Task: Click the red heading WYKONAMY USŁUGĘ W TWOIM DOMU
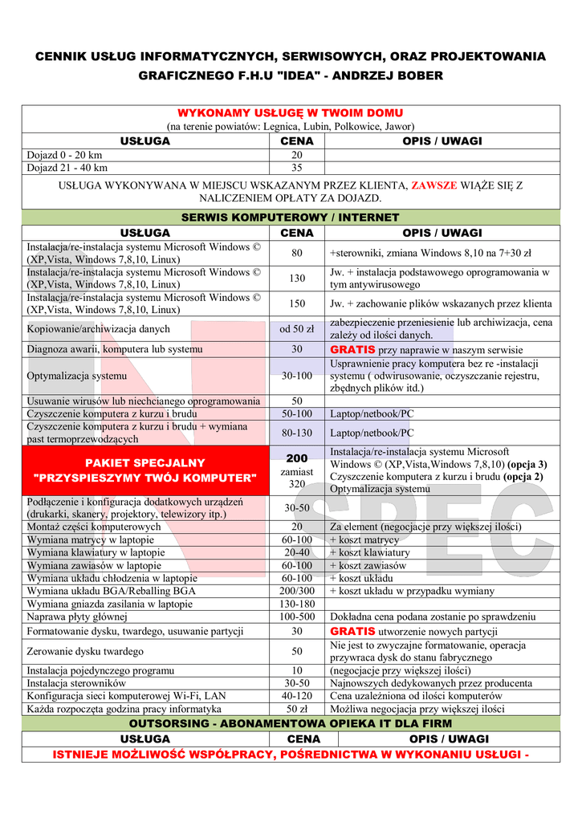290,113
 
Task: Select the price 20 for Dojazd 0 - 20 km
296,155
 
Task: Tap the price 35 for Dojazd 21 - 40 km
296,168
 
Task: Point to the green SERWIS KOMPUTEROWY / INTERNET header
290,218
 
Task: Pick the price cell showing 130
296,278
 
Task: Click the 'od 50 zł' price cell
296,329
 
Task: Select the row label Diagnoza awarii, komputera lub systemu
115,349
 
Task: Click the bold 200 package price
296,458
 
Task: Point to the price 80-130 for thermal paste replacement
296,433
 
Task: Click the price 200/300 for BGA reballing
296,591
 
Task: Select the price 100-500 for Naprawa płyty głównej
296,616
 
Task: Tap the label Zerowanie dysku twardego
85,651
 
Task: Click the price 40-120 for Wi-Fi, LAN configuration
296,696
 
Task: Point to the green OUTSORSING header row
290,723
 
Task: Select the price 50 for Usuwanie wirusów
296,401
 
